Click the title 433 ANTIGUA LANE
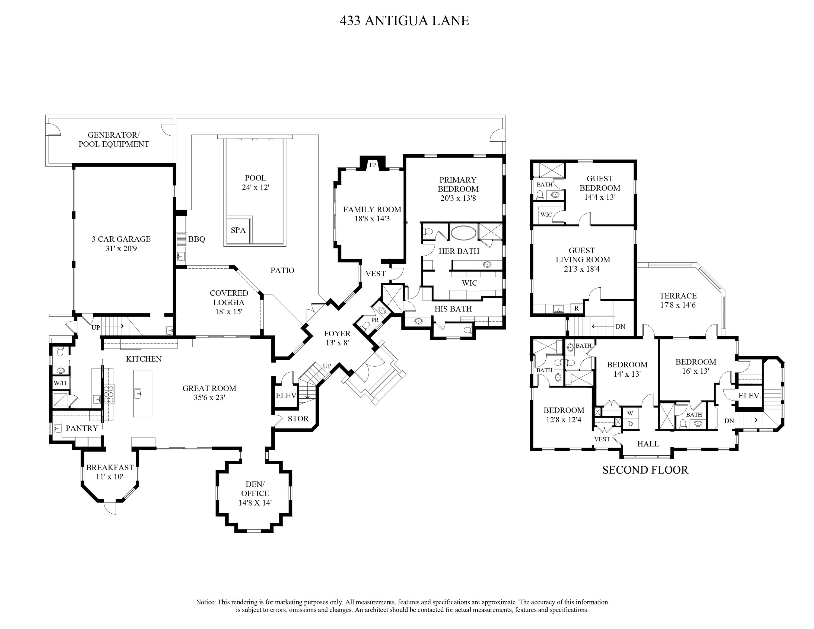404,21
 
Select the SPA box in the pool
238,230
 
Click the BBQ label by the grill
197,239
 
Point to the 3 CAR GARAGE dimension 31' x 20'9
121,249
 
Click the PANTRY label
82,428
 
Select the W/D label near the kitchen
60,383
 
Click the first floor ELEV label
286,396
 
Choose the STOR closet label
298,419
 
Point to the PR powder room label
374,320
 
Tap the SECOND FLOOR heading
645,470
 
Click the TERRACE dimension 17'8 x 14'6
678,305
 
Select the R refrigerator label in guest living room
577,309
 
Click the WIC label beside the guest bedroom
546,215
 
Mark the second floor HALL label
648,444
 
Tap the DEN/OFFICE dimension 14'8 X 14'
255,503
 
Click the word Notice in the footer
205,602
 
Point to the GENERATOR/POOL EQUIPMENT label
114,140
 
